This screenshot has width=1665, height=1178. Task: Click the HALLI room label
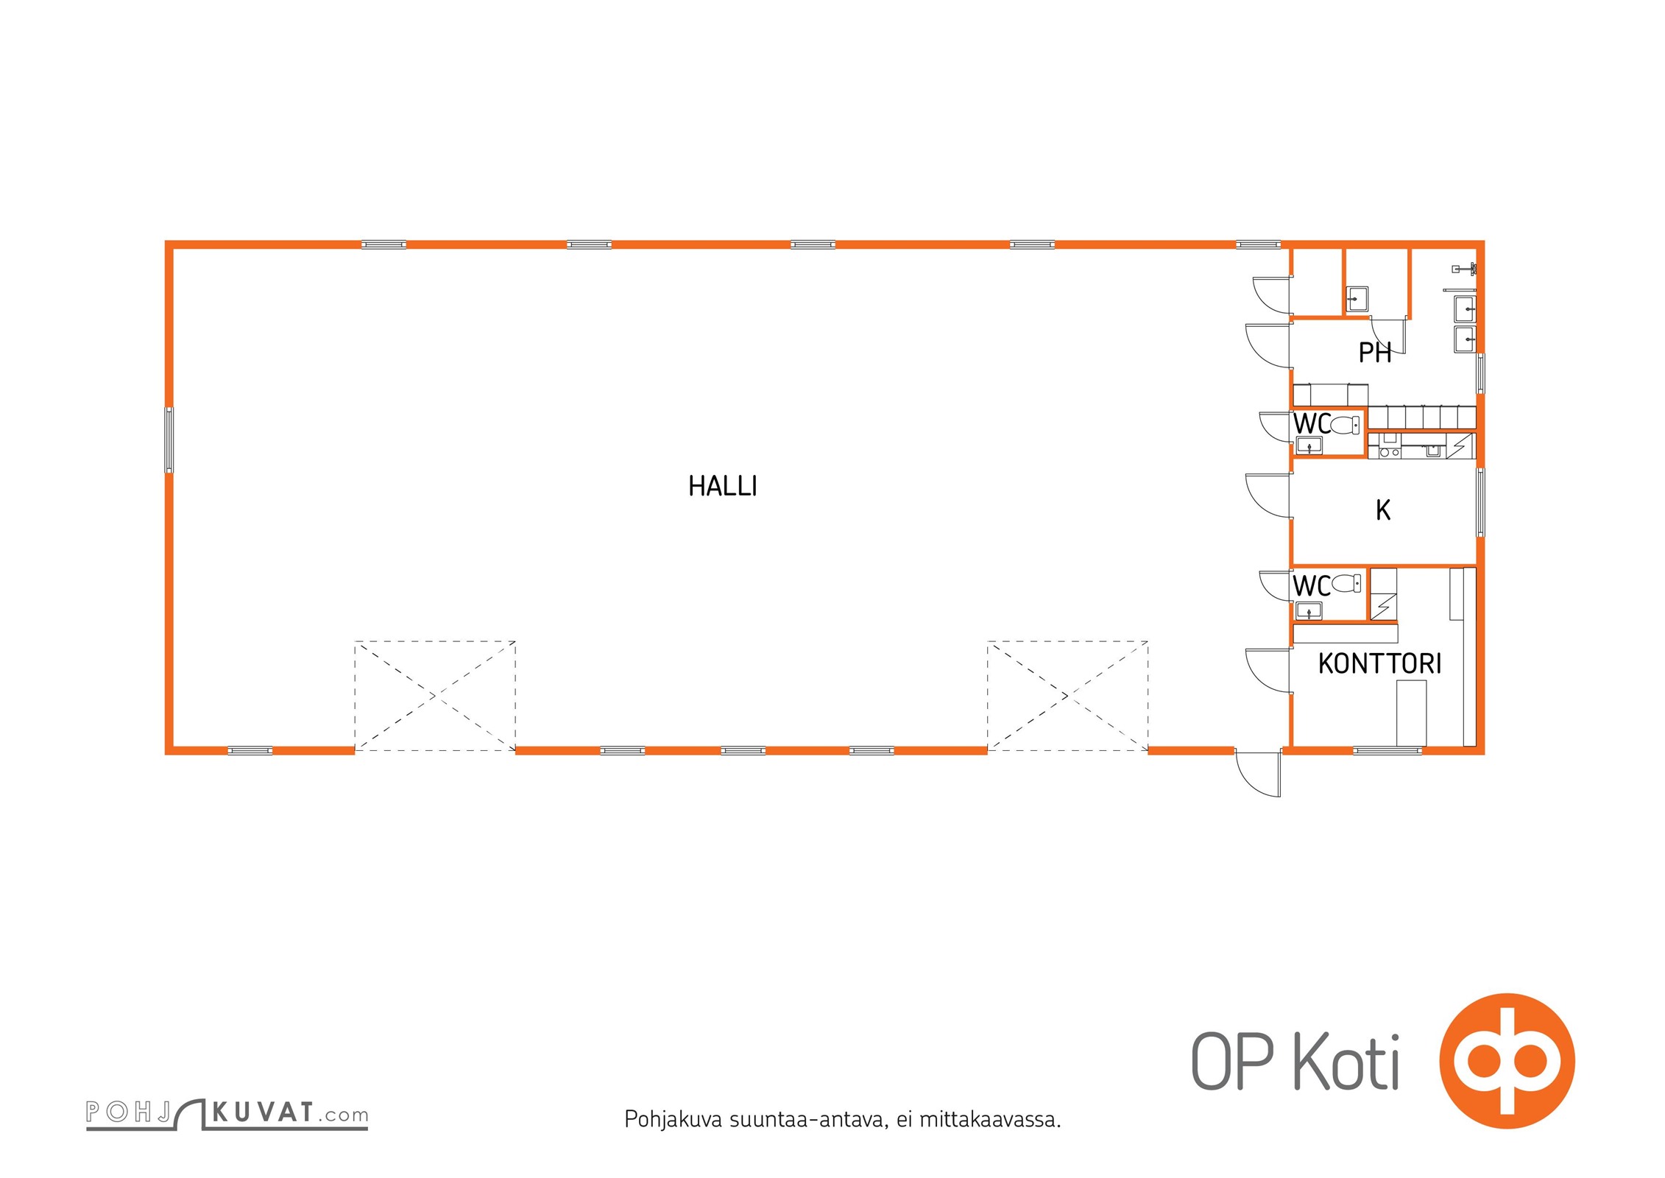tap(722, 486)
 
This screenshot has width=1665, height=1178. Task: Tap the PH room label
tap(1374, 353)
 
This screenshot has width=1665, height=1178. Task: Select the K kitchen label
tap(1383, 509)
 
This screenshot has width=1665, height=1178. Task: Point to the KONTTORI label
tap(1379, 663)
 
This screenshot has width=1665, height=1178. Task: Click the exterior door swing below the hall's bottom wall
tap(1258, 773)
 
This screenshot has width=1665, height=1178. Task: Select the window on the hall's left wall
tap(169, 440)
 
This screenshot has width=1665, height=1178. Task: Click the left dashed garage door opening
tap(435, 696)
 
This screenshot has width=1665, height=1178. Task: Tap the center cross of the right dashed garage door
tap(1067, 696)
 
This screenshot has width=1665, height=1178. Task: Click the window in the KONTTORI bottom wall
tap(1387, 750)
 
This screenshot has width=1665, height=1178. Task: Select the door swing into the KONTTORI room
tap(1268, 670)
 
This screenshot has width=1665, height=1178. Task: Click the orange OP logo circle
tap(1507, 1061)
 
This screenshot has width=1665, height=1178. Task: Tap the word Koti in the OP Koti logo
tap(1346, 1062)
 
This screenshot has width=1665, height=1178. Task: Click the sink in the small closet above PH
tap(1357, 299)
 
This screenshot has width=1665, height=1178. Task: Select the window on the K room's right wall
tap(1480, 502)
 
